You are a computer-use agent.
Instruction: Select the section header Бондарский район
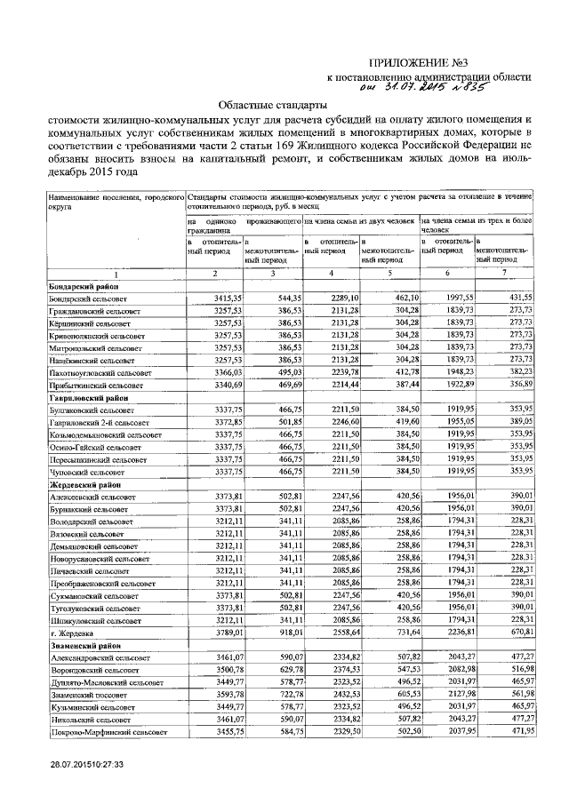point(83,288)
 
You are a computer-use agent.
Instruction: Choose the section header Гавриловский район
point(86,399)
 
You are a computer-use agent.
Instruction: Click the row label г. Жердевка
point(72,632)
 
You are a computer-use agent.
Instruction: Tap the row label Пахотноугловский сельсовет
point(100,374)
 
